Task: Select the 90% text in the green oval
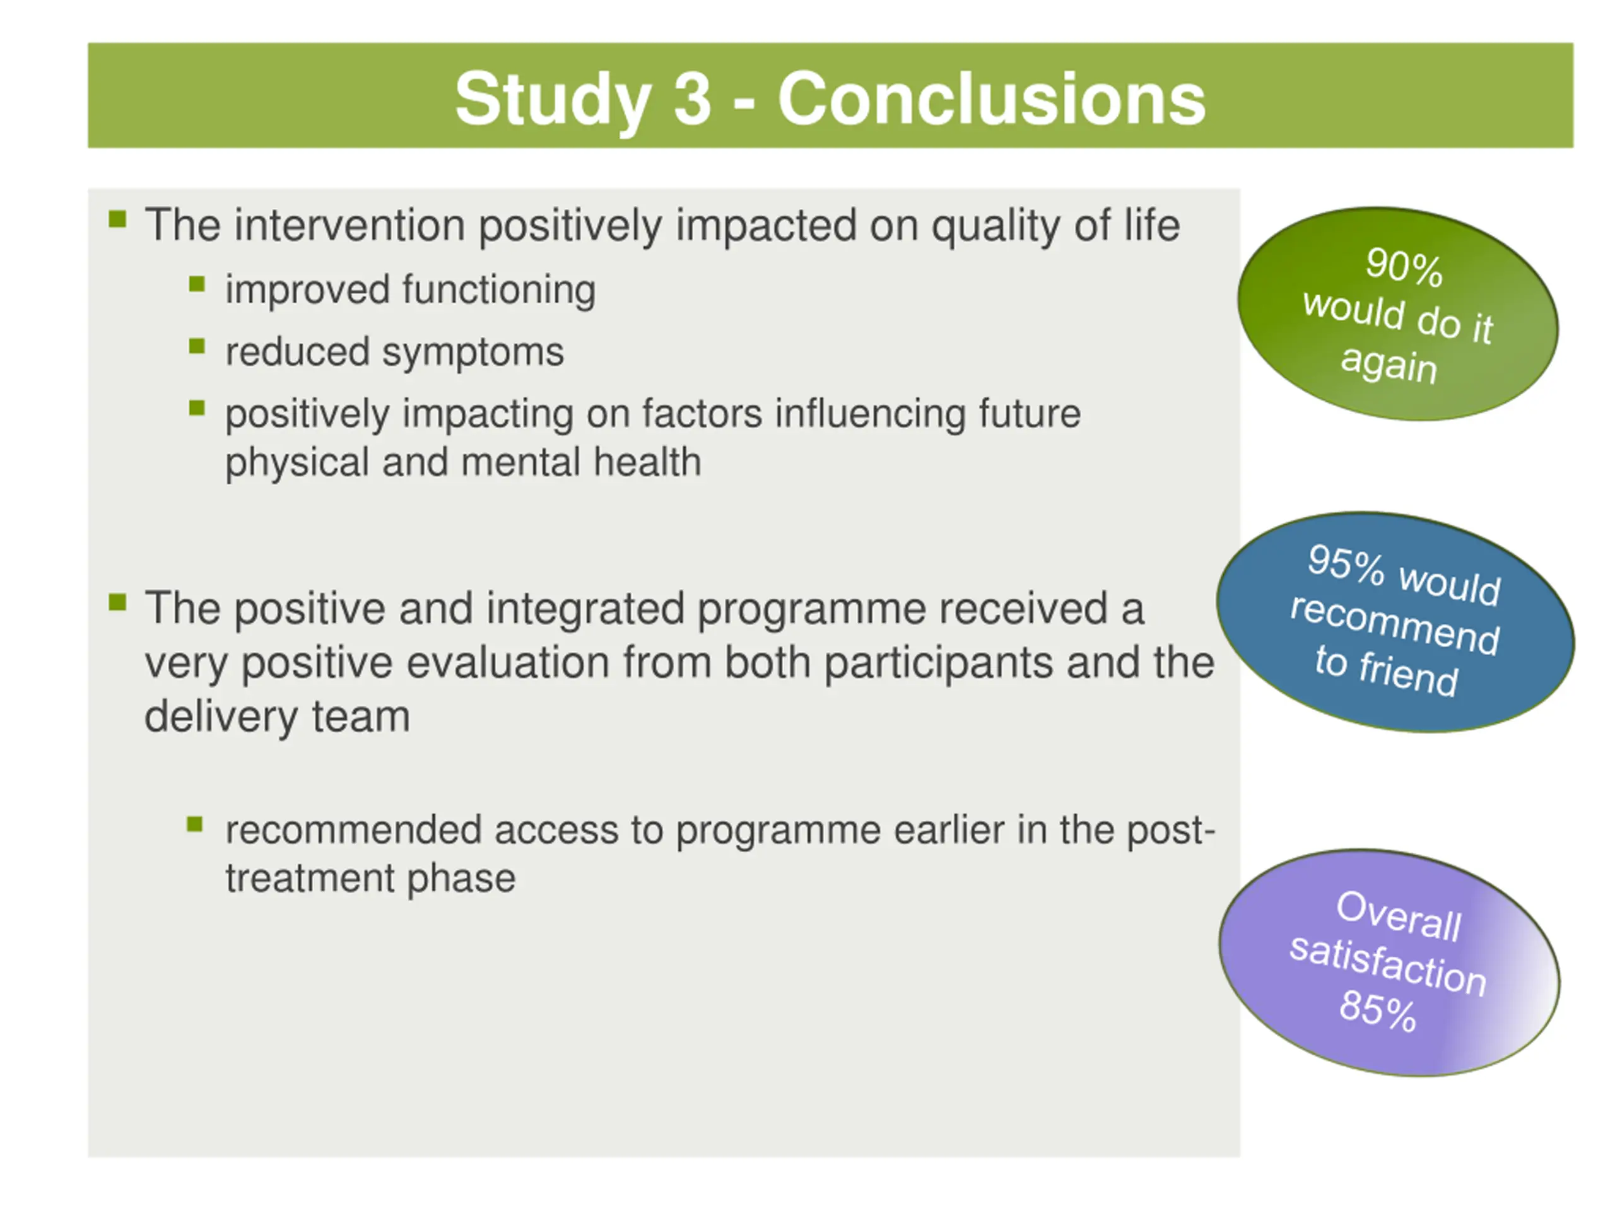(1404, 266)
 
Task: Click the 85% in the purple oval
(1378, 1010)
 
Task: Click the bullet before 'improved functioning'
(196, 284)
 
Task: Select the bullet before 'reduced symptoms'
(196, 346)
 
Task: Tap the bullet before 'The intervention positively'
(117, 219)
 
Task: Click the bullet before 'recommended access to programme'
(195, 824)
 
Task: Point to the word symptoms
(473, 353)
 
